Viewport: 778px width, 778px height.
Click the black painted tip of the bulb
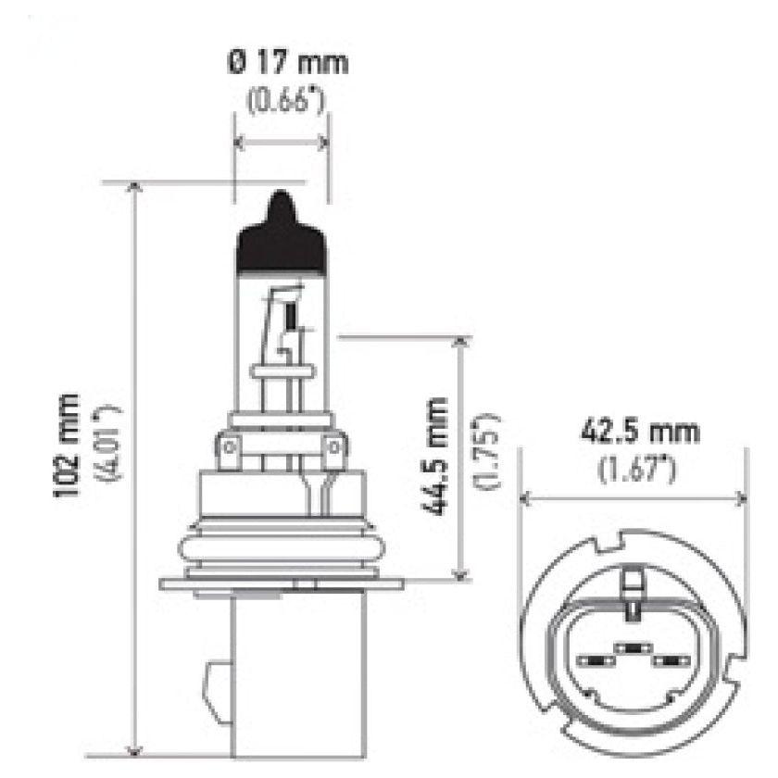(281, 232)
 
